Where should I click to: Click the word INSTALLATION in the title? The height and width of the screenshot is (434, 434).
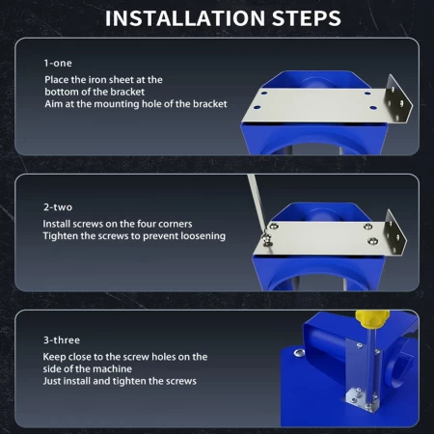(x=185, y=18)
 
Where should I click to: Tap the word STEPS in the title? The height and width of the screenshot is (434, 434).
(x=307, y=18)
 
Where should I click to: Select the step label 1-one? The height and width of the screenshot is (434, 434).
(x=58, y=63)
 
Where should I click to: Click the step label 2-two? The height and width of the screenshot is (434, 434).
(x=58, y=207)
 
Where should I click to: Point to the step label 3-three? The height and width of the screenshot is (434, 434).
(x=62, y=339)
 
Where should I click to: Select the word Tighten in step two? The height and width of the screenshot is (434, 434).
(x=61, y=236)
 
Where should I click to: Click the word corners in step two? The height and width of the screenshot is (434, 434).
(x=176, y=224)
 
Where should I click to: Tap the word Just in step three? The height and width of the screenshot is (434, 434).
(x=50, y=381)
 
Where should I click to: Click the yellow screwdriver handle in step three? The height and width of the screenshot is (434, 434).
(x=372, y=317)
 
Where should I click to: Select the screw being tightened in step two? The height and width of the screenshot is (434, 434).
(x=267, y=240)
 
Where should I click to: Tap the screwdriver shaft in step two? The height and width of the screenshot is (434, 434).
(x=257, y=204)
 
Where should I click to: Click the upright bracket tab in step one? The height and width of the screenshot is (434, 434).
(x=399, y=99)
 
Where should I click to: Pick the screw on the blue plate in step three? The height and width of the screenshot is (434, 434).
(x=299, y=353)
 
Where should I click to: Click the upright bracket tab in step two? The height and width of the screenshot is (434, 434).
(x=395, y=232)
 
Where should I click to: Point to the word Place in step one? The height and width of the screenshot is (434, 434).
(x=57, y=80)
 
